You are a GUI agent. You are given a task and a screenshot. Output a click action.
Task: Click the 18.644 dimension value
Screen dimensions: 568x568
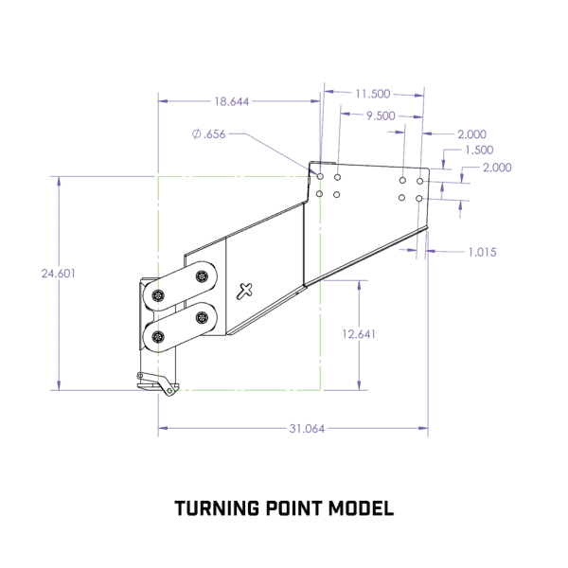pos(232,101)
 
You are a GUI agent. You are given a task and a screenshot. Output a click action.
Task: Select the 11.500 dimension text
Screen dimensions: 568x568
pos(373,94)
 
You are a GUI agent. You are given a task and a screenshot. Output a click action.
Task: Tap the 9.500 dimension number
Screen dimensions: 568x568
pos(381,115)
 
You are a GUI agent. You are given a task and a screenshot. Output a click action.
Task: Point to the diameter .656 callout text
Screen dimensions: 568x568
pos(208,134)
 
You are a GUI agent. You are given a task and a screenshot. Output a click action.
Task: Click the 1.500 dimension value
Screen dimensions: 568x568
pos(479,150)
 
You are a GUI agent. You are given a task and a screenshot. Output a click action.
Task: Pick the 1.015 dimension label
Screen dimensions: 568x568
pos(482,252)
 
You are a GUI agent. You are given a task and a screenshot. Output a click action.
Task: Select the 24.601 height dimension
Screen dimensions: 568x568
pos(59,274)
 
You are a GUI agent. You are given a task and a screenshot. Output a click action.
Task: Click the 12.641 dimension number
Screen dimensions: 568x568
pos(359,334)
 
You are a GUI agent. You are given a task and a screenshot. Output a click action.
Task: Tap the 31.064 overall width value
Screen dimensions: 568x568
pos(307,429)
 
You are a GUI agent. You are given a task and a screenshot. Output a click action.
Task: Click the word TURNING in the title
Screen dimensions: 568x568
pos(217,508)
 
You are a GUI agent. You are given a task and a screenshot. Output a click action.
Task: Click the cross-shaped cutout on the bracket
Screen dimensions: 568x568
pos(244,292)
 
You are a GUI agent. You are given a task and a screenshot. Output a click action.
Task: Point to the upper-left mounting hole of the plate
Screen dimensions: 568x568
pos(320,176)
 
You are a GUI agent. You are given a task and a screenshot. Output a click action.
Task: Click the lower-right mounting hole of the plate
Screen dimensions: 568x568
pos(419,199)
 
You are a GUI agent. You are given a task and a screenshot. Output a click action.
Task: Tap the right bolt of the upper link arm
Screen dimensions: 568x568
pos(202,276)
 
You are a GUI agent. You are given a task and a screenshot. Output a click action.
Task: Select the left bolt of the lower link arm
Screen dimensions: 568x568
pos(158,337)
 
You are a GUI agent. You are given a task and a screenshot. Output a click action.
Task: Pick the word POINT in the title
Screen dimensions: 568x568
pos(293,508)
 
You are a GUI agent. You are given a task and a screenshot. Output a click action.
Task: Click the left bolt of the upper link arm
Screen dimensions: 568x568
pos(158,295)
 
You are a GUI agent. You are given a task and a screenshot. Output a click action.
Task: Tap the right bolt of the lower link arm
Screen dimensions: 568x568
pos(202,318)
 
